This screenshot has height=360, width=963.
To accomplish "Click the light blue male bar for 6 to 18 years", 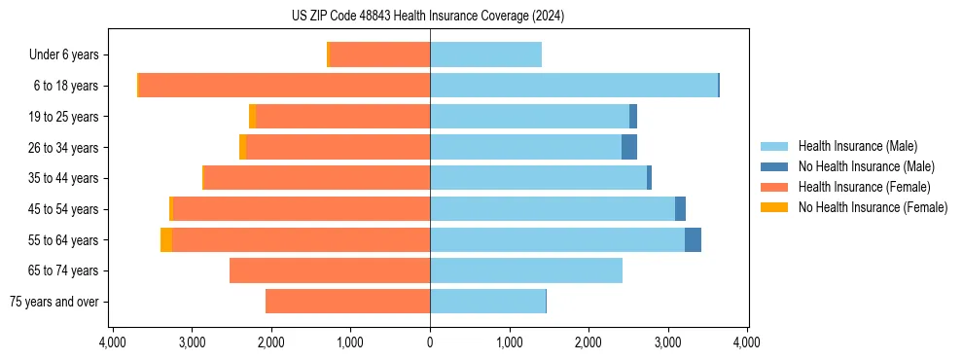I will (x=574, y=86).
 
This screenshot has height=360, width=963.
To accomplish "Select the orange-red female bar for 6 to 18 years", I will (x=284, y=86).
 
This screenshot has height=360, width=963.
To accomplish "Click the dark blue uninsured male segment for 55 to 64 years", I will (x=693, y=239).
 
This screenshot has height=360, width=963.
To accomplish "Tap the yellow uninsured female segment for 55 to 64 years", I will (x=166, y=239).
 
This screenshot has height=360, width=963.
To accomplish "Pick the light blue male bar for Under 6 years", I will (x=485, y=55).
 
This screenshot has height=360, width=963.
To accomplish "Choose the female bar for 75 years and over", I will (x=347, y=302).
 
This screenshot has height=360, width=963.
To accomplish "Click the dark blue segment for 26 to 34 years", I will (x=629, y=147).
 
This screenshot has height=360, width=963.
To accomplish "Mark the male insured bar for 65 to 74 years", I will (x=525, y=270).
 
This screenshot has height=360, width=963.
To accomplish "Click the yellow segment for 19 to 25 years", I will (x=252, y=117).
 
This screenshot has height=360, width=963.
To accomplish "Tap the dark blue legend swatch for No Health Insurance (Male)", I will (x=774, y=166).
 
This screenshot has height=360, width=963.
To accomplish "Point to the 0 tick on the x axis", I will (x=430, y=342).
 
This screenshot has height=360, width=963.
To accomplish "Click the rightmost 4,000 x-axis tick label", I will (x=746, y=342).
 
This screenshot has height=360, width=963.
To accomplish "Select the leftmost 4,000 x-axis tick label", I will (x=113, y=342).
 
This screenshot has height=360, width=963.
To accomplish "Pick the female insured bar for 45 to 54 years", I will (x=302, y=209).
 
